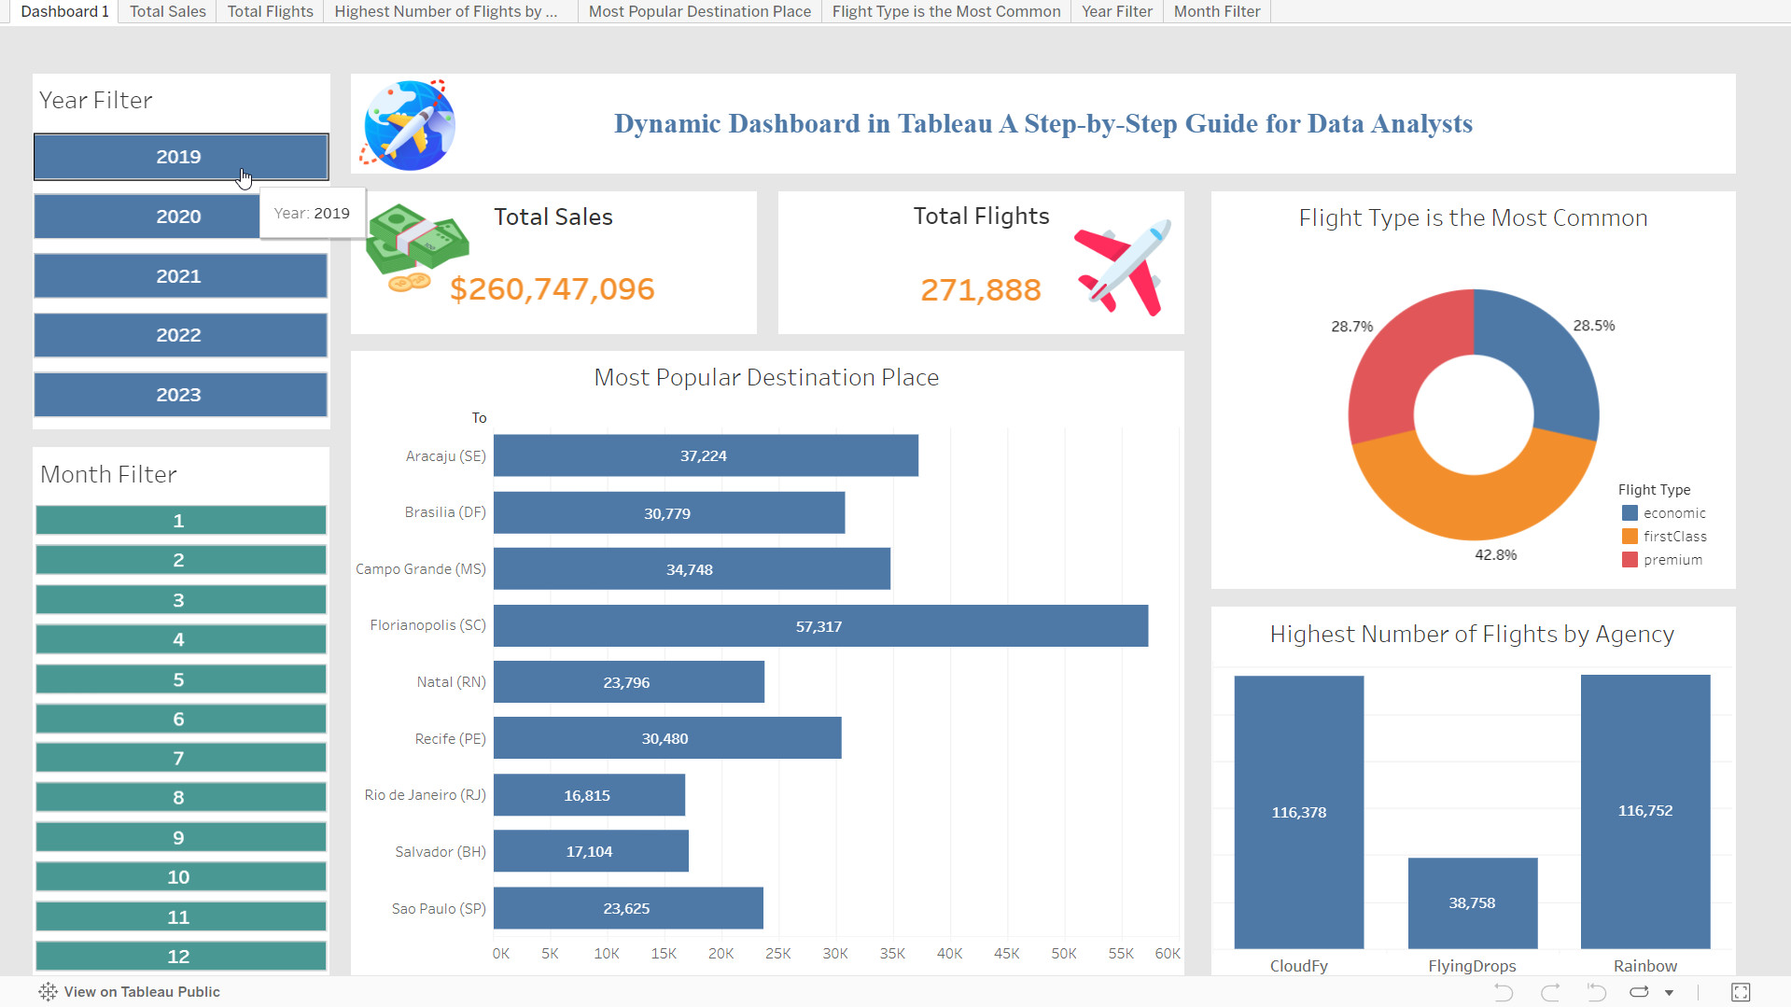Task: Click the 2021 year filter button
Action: click(180, 276)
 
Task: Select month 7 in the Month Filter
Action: click(180, 758)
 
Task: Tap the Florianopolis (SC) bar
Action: click(819, 626)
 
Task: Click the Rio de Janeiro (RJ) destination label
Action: click(425, 795)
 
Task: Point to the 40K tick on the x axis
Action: click(949, 953)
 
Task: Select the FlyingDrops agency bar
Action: click(1472, 902)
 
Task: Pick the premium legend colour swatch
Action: click(1630, 560)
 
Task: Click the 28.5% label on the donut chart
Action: click(1593, 326)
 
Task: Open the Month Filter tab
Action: click(1216, 11)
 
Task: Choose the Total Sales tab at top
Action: click(167, 11)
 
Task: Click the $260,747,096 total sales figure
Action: click(552, 289)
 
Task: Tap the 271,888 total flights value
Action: click(980, 290)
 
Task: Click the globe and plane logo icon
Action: click(409, 125)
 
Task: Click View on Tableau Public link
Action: click(141, 991)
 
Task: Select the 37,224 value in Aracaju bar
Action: click(703, 455)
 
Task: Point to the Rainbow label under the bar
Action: click(1644, 966)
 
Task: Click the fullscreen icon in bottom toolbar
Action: click(1740, 992)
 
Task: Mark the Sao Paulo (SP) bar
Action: click(627, 908)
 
